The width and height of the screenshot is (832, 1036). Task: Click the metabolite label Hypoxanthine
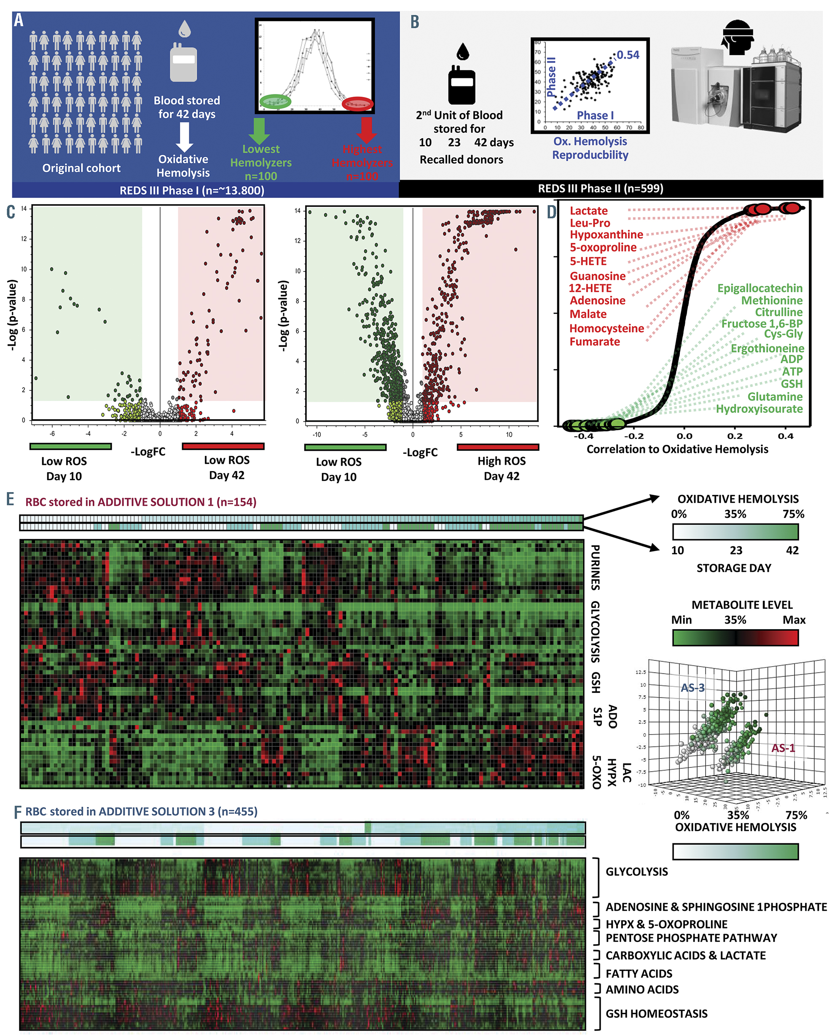click(606, 234)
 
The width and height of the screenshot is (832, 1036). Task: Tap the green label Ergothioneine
click(767, 348)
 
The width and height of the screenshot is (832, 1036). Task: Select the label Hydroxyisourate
click(759, 409)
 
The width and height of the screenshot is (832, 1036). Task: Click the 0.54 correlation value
click(628, 55)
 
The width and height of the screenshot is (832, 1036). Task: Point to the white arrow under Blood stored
click(185, 137)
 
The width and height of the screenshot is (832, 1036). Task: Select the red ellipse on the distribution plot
click(357, 103)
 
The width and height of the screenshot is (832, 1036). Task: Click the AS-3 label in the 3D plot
click(692, 688)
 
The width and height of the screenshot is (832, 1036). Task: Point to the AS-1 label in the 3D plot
click(783, 748)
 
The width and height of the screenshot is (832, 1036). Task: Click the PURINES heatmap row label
click(595, 568)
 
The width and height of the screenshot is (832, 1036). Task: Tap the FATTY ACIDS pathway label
click(639, 974)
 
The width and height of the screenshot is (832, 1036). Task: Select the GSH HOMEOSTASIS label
click(656, 1013)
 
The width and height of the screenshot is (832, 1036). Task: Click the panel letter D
click(552, 212)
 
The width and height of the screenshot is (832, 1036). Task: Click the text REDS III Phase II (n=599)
click(601, 188)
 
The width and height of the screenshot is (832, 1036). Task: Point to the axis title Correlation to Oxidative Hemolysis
click(677, 449)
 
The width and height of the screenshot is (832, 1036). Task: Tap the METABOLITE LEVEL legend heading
click(742, 605)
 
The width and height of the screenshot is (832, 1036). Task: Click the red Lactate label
click(588, 210)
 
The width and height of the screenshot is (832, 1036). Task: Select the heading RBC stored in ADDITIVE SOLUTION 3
click(141, 811)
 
